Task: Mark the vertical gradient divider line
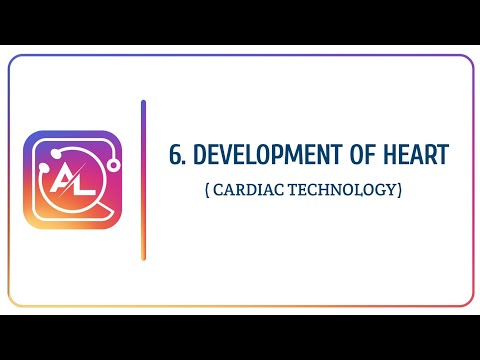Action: coord(144,180)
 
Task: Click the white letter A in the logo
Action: coord(63,183)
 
